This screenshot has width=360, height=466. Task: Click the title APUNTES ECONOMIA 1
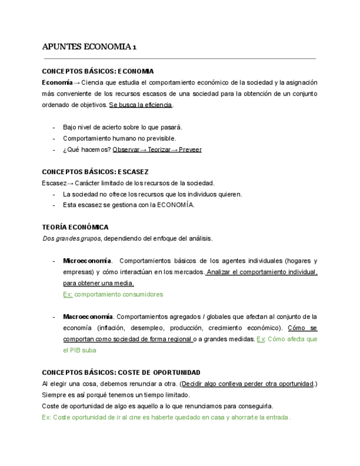click(x=90, y=47)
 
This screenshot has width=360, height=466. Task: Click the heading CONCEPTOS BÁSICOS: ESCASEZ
click(x=95, y=172)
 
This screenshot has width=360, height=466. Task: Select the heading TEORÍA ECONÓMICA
click(x=75, y=227)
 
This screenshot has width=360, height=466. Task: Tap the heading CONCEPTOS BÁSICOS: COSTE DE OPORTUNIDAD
click(x=121, y=373)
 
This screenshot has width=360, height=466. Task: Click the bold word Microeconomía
click(x=87, y=260)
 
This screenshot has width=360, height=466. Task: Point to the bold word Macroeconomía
click(x=88, y=317)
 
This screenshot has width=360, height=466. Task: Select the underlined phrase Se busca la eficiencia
click(x=141, y=105)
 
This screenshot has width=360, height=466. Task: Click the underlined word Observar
click(x=126, y=149)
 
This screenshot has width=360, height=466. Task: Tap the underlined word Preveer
click(x=190, y=149)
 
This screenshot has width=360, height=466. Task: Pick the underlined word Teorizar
click(x=159, y=149)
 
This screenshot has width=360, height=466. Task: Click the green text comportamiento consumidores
click(x=119, y=295)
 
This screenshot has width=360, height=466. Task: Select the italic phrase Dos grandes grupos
click(x=71, y=238)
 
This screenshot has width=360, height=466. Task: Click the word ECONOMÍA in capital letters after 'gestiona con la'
click(x=176, y=206)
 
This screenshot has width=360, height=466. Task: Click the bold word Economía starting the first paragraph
click(x=57, y=82)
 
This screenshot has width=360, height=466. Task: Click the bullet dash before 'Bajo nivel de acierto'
click(x=54, y=127)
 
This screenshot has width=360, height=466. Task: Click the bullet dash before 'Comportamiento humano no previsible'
click(x=54, y=138)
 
